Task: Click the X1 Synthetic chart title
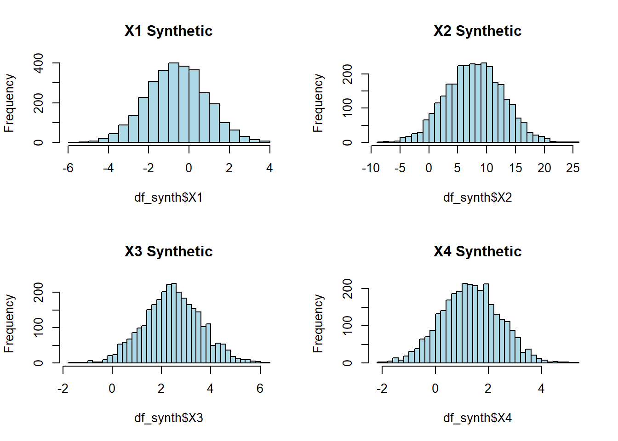pos(168,31)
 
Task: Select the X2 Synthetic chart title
pos(477,31)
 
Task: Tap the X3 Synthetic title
pos(168,251)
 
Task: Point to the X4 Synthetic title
pos(477,251)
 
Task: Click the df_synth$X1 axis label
pos(168,198)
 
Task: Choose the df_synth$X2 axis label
pos(477,198)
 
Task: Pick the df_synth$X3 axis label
pos(168,418)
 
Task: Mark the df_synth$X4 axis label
pos(477,418)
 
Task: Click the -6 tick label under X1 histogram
pos(68,168)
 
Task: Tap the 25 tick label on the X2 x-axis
pos(573,168)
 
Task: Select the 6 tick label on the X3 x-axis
pos(260,389)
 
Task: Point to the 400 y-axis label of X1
pos(39,63)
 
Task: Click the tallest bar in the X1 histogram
pos(174,103)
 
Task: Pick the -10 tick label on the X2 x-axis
pos(371,168)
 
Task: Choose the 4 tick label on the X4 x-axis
pos(541,389)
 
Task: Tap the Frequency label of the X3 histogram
pos(9,323)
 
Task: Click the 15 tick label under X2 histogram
pos(515,168)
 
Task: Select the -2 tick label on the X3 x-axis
pos(63,389)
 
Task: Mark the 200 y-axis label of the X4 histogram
pos(348,288)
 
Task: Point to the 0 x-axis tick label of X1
pos(189,168)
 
